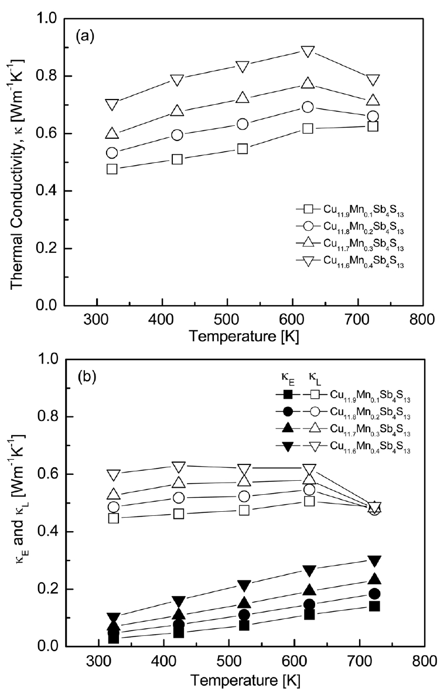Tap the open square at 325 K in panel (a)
112,169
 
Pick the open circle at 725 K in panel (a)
373,116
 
